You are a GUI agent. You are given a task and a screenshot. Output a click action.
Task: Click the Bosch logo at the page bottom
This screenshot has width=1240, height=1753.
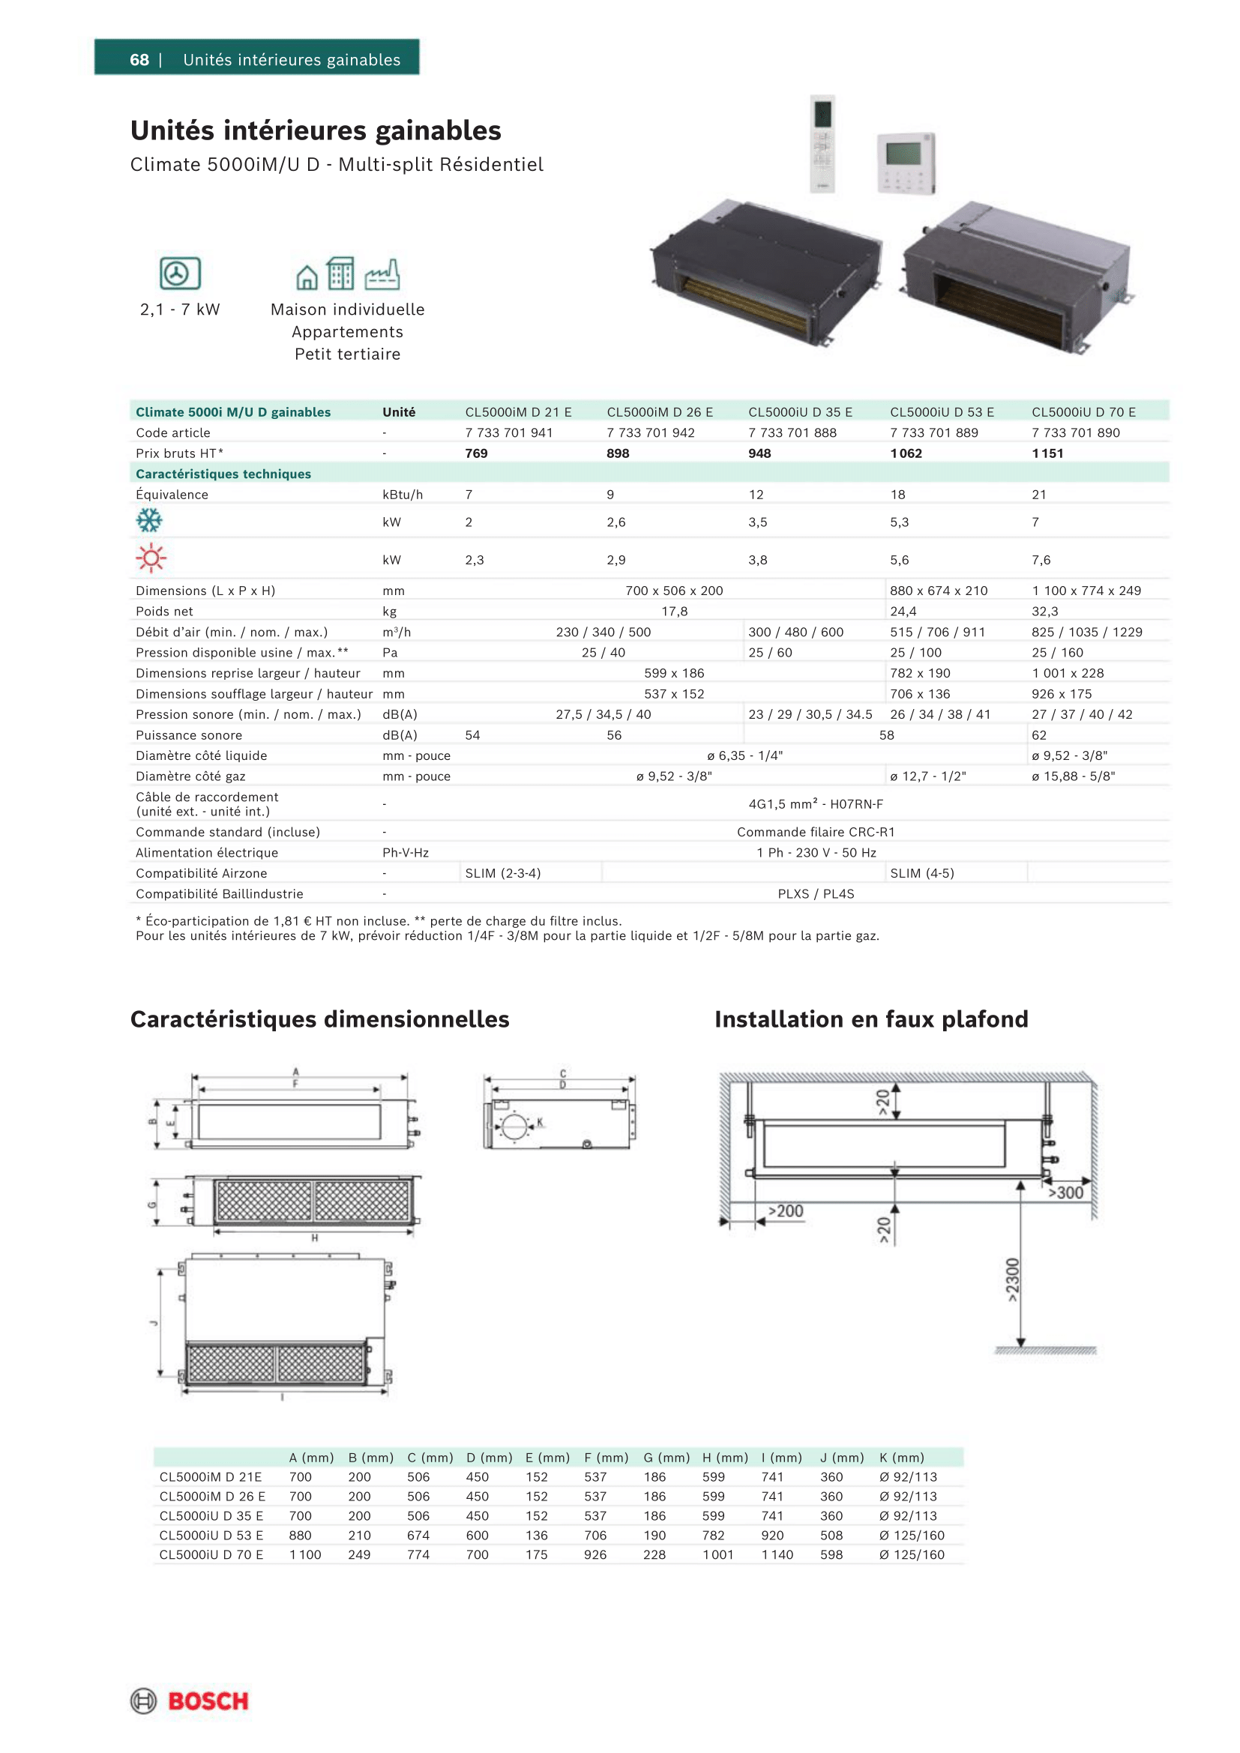pyautogui.click(x=190, y=1701)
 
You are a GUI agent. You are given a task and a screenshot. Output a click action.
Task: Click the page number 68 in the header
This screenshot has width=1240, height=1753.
pyautogui.click(x=139, y=59)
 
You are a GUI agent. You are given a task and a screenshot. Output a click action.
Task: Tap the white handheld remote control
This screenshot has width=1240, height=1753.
pyautogui.click(x=822, y=144)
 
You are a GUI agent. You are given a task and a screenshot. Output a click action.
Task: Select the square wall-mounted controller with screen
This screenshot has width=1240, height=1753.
pyautogui.click(x=906, y=163)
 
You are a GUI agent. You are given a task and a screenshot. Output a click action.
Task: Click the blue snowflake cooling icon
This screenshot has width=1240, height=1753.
pyautogui.click(x=149, y=522)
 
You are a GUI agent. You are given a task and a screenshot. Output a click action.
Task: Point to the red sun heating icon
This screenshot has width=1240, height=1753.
pyautogui.click(x=151, y=558)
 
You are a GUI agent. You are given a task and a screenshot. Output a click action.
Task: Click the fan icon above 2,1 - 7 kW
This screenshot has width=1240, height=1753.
pyautogui.click(x=179, y=274)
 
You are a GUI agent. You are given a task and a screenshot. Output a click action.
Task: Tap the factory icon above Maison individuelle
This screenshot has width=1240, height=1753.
pyautogui.click(x=382, y=274)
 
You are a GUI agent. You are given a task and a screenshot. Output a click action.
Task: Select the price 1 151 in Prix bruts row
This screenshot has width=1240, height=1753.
pyautogui.click(x=1047, y=453)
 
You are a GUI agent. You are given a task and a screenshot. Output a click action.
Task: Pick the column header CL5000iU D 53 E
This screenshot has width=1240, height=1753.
pyautogui.click(x=942, y=412)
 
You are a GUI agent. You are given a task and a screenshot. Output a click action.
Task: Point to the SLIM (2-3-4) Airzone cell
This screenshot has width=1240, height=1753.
pyautogui.click(x=502, y=873)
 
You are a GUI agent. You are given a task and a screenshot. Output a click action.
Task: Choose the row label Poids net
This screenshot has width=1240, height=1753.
pyautogui.click(x=164, y=612)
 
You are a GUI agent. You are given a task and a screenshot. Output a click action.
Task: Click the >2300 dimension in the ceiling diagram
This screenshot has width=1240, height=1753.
pyautogui.click(x=1011, y=1279)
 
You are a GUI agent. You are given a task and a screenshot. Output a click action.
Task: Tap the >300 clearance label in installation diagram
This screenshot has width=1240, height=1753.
pyautogui.click(x=1065, y=1193)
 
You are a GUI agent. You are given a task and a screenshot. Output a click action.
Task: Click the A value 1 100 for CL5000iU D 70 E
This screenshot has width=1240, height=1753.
pyautogui.click(x=304, y=1554)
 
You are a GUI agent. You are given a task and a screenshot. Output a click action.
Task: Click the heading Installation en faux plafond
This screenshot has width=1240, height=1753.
pyautogui.click(x=871, y=1019)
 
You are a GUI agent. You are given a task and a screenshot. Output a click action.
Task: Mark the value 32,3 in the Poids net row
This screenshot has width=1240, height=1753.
pyautogui.click(x=1044, y=612)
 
